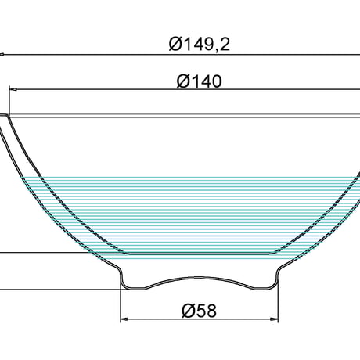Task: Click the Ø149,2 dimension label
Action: pyautogui.click(x=200, y=44)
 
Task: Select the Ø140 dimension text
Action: pyautogui.click(x=200, y=81)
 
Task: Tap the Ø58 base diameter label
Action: pyautogui.click(x=200, y=311)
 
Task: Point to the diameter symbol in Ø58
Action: pyautogui.click(x=189, y=311)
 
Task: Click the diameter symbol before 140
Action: pyautogui.click(x=184, y=81)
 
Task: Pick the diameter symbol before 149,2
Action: pyautogui.click(x=176, y=44)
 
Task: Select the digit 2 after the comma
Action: pyautogui.click(x=225, y=44)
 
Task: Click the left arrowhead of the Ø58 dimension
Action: pyautogui.click(x=124, y=319)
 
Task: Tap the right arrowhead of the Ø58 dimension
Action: pyautogui.click(x=275, y=319)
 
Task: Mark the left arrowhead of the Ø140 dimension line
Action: pyautogui.click(x=13, y=89)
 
